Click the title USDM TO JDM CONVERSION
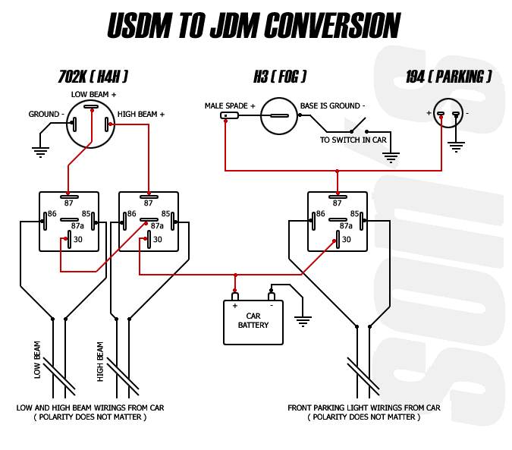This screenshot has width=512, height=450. (253, 26)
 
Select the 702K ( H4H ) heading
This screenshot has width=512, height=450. (93, 77)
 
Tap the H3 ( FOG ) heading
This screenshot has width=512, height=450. (280, 77)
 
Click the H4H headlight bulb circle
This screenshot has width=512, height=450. (90, 124)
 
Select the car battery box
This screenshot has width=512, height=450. (253, 322)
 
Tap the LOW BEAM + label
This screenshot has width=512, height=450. (93, 94)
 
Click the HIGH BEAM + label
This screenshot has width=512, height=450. (141, 115)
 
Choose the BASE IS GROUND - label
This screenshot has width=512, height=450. (332, 105)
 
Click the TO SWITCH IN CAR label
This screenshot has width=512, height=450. (353, 140)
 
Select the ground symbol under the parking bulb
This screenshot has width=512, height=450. (456, 145)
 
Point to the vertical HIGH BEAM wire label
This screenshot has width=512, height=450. (100, 361)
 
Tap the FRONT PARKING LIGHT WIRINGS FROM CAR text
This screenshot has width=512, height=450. (364, 408)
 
